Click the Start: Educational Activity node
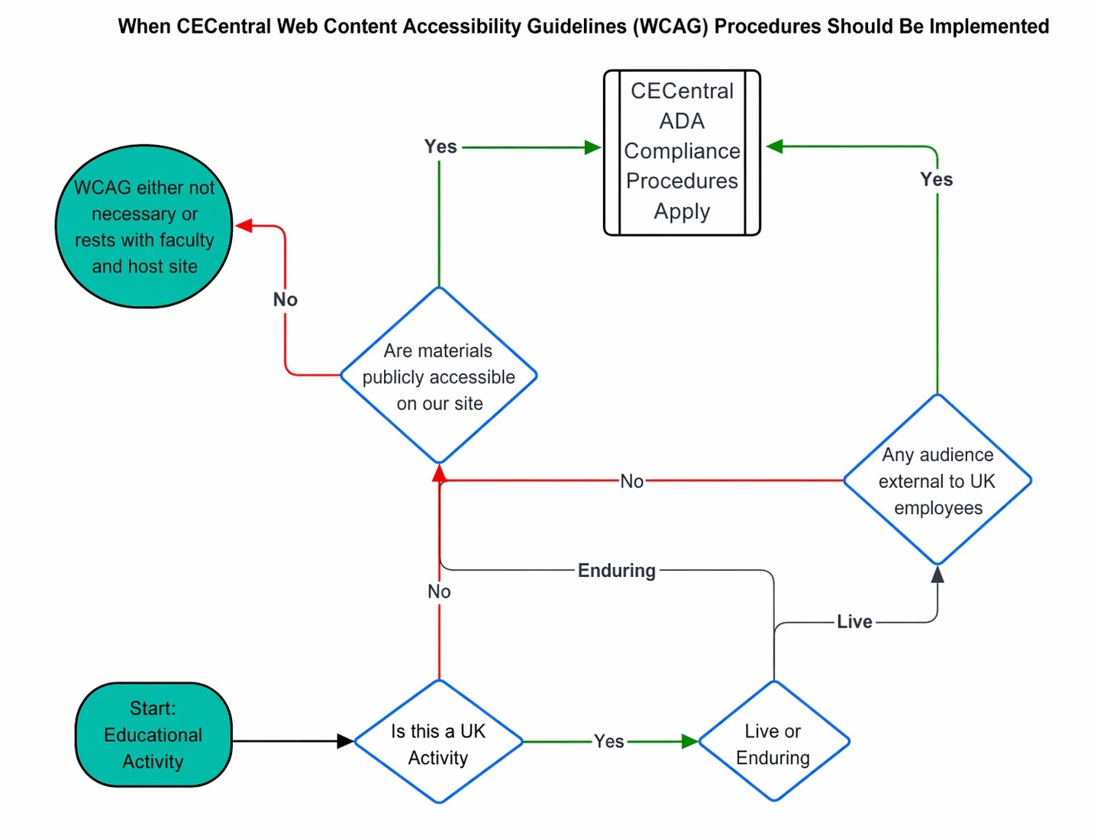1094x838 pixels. point(153,735)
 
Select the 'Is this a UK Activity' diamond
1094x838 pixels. point(439,742)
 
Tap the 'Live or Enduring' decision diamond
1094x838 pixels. point(773,742)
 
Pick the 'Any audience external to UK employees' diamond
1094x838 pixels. point(937,481)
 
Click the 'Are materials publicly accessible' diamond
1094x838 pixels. point(439,376)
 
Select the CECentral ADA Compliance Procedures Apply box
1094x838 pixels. point(682,152)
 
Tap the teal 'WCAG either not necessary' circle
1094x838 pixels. point(144,227)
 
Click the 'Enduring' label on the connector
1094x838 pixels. point(617,571)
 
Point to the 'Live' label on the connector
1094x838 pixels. point(854,622)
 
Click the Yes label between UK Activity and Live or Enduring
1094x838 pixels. point(609,742)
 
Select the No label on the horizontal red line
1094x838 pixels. point(632,482)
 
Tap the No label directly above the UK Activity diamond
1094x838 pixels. point(439,591)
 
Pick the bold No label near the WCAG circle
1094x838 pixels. point(286,300)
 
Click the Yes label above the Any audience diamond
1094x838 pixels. point(937,180)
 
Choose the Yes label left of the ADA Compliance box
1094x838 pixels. point(441,147)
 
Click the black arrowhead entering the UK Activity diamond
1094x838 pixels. point(345,741)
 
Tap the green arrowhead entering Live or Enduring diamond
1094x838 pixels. point(690,741)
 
